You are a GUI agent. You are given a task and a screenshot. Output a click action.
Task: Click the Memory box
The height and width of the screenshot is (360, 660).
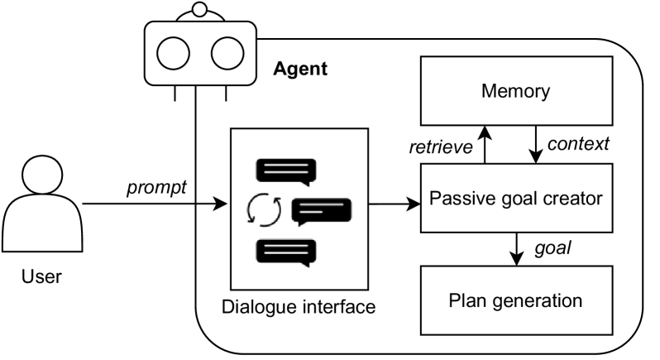[x=515, y=92]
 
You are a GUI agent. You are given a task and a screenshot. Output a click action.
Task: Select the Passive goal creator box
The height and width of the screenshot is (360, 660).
[x=515, y=199]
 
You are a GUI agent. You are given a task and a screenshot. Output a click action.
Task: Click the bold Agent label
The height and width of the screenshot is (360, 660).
[x=300, y=69]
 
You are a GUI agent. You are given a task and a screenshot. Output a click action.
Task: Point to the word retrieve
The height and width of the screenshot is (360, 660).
[x=442, y=147]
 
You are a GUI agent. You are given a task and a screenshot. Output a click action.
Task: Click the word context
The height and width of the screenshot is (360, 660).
[x=578, y=143]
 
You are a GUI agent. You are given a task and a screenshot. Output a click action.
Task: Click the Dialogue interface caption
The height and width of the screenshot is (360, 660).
[x=299, y=307]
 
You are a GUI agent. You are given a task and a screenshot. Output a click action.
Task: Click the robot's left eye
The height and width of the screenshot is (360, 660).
[x=175, y=55]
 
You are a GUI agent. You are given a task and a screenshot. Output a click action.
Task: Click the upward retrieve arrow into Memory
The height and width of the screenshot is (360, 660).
[x=485, y=145]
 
